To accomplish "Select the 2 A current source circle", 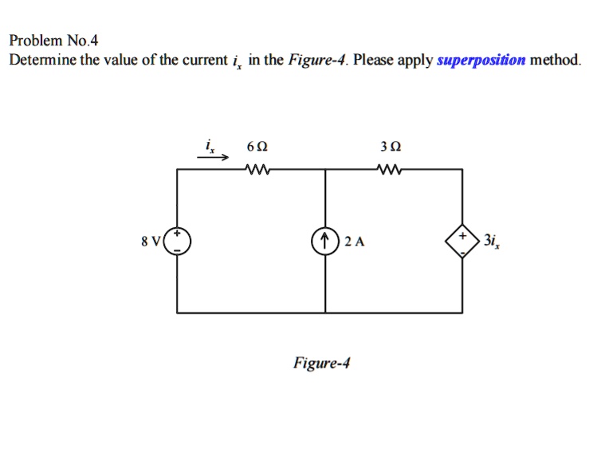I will pyautogui.click(x=326, y=241).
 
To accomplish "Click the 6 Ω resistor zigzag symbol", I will pyautogui.click(x=257, y=169).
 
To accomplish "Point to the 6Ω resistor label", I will pyautogui.click(x=257, y=147).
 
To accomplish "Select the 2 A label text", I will pyautogui.click(x=356, y=242).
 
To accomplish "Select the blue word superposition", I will pyautogui.click(x=481, y=60).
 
